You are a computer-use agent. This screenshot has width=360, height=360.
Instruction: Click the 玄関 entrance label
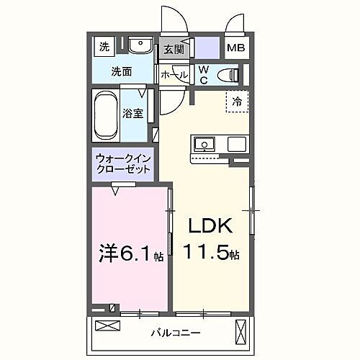click(x=172, y=50)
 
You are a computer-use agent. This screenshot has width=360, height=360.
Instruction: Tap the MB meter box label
click(x=236, y=49)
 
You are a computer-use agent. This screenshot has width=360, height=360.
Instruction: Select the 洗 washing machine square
click(x=105, y=48)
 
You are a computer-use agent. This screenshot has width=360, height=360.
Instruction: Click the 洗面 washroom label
click(x=120, y=71)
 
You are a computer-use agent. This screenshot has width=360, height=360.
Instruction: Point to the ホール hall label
click(x=174, y=74)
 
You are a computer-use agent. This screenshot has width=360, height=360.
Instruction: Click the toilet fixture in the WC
click(x=228, y=73)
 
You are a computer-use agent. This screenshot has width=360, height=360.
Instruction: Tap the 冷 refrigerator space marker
click(x=237, y=102)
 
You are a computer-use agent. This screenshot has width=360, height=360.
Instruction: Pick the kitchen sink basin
click(x=204, y=144)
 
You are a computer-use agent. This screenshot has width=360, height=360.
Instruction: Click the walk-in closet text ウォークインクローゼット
click(x=122, y=163)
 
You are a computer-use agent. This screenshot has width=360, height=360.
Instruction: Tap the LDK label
click(x=210, y=228)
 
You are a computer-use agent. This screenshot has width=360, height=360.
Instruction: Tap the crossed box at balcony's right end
click(x=240, y=333)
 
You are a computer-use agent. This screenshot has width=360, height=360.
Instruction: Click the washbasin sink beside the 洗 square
click(x=142, y=48)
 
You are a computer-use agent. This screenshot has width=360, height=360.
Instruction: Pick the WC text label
click(x=203, y=74)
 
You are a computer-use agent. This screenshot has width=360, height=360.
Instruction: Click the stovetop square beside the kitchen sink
click(x=237, y=144)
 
